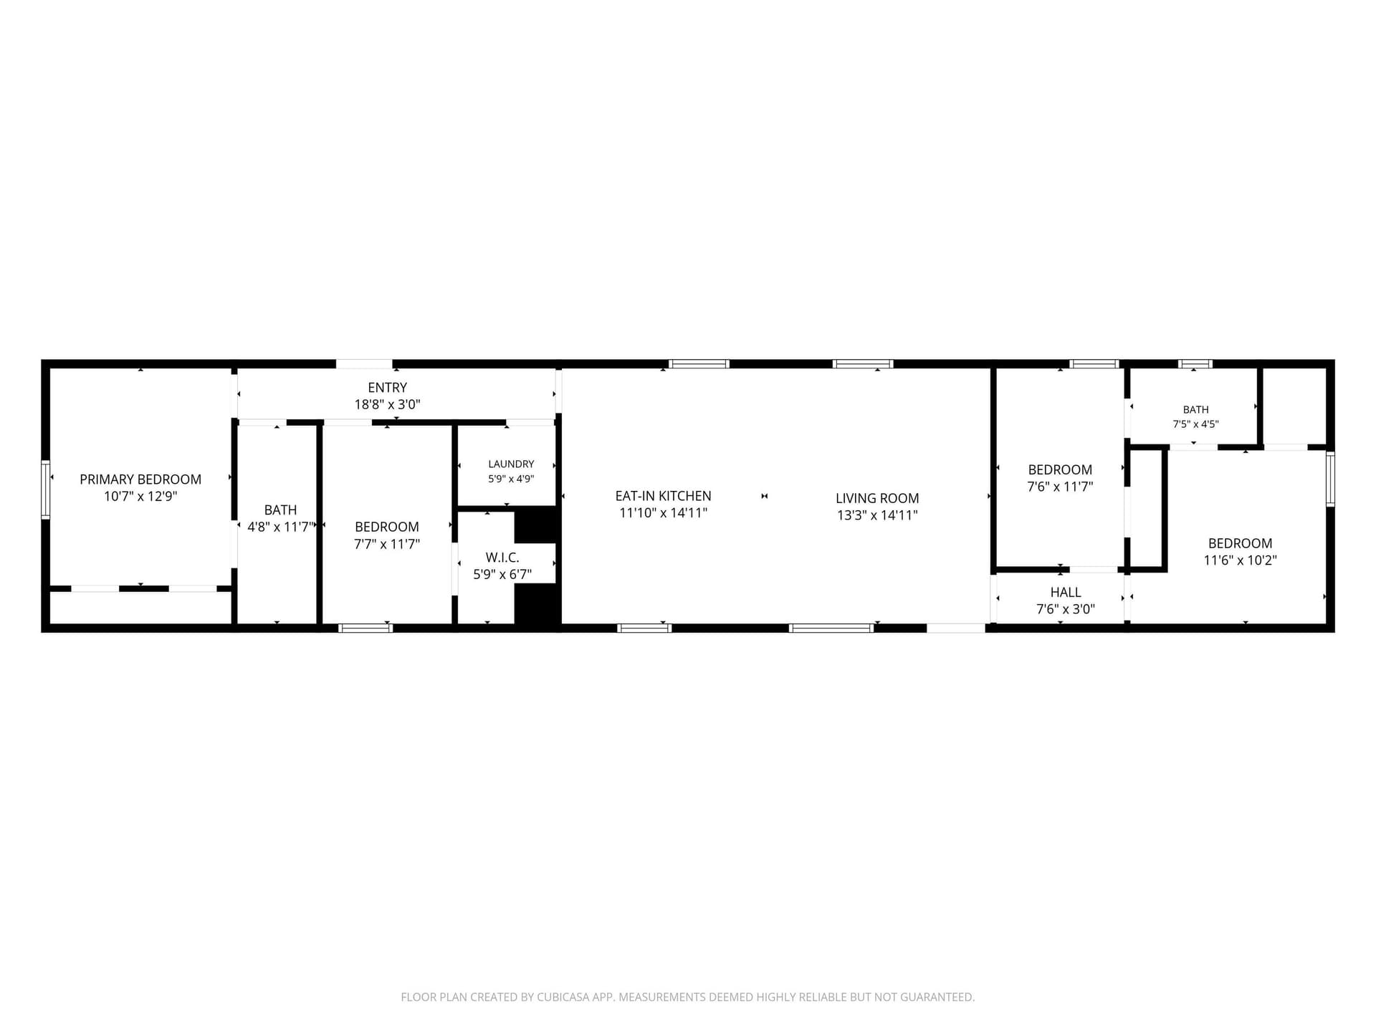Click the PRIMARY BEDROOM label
[x=140, y=479]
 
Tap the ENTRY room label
[x=387, y=388]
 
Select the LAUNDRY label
[x=511, y=464]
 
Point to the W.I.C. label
[x=502, y=557]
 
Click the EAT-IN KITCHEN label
[x=663, y=496]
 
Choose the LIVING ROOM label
[x=877, y=498]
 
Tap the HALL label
[x=1066, y=592]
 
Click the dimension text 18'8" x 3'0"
[x=387, y=405]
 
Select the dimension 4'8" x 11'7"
[x=280, y=527]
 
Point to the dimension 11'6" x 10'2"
[x=1240, y=560]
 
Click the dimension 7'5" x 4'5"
[x=1195, y=424]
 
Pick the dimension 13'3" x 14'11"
[x=877, y=515]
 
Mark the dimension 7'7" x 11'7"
[x=387, y=544]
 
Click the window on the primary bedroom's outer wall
[x=45, y=489]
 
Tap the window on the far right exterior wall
[x=1330, y=479]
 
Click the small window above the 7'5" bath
[x=1195, y=364]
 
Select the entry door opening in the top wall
[x=364, y=364]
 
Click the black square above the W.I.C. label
[x=536, y=525]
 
